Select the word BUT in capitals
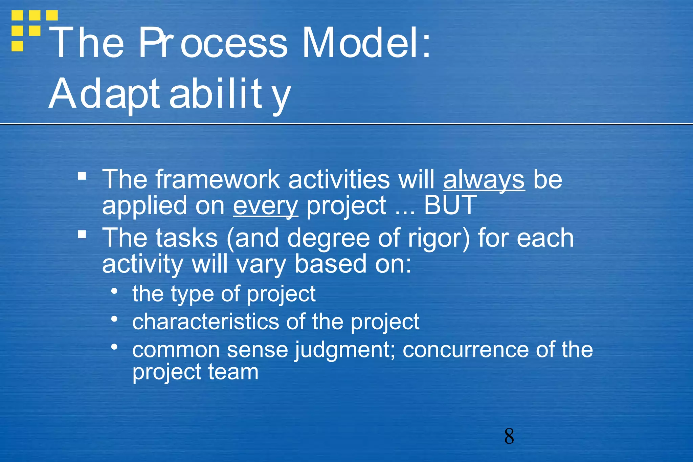[x=450, y=205]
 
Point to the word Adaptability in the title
[x=169, y=94]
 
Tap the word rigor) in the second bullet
[x=439, y=238]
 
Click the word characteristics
[x=206, y=322]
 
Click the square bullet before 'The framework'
[x=82, y=176]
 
